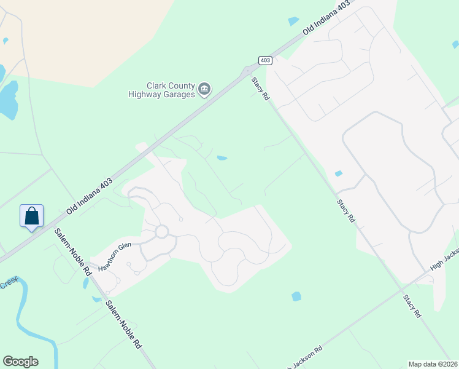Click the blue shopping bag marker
pyautogui.click(x=31, y=216)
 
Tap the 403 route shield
pyautogui.click(x=265, y=60)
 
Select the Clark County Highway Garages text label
pyautogui.click(x=162, y=90)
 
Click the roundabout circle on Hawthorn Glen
pyautogui.click(x=162, y=232)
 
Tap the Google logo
pyautogui.click(x=20, y=362)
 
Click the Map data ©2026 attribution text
pyautogui.click(x=433, y=363)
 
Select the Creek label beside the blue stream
pyautogui.click(x=9, y=284)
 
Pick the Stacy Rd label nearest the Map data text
pyautogui.click(x=412, y=306)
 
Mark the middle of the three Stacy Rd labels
pyautogui.click(x=345, y=210)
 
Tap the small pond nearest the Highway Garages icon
pyautogui.click(x=222, y=158)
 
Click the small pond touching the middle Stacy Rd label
pyautogui.click(x=338, y=173)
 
